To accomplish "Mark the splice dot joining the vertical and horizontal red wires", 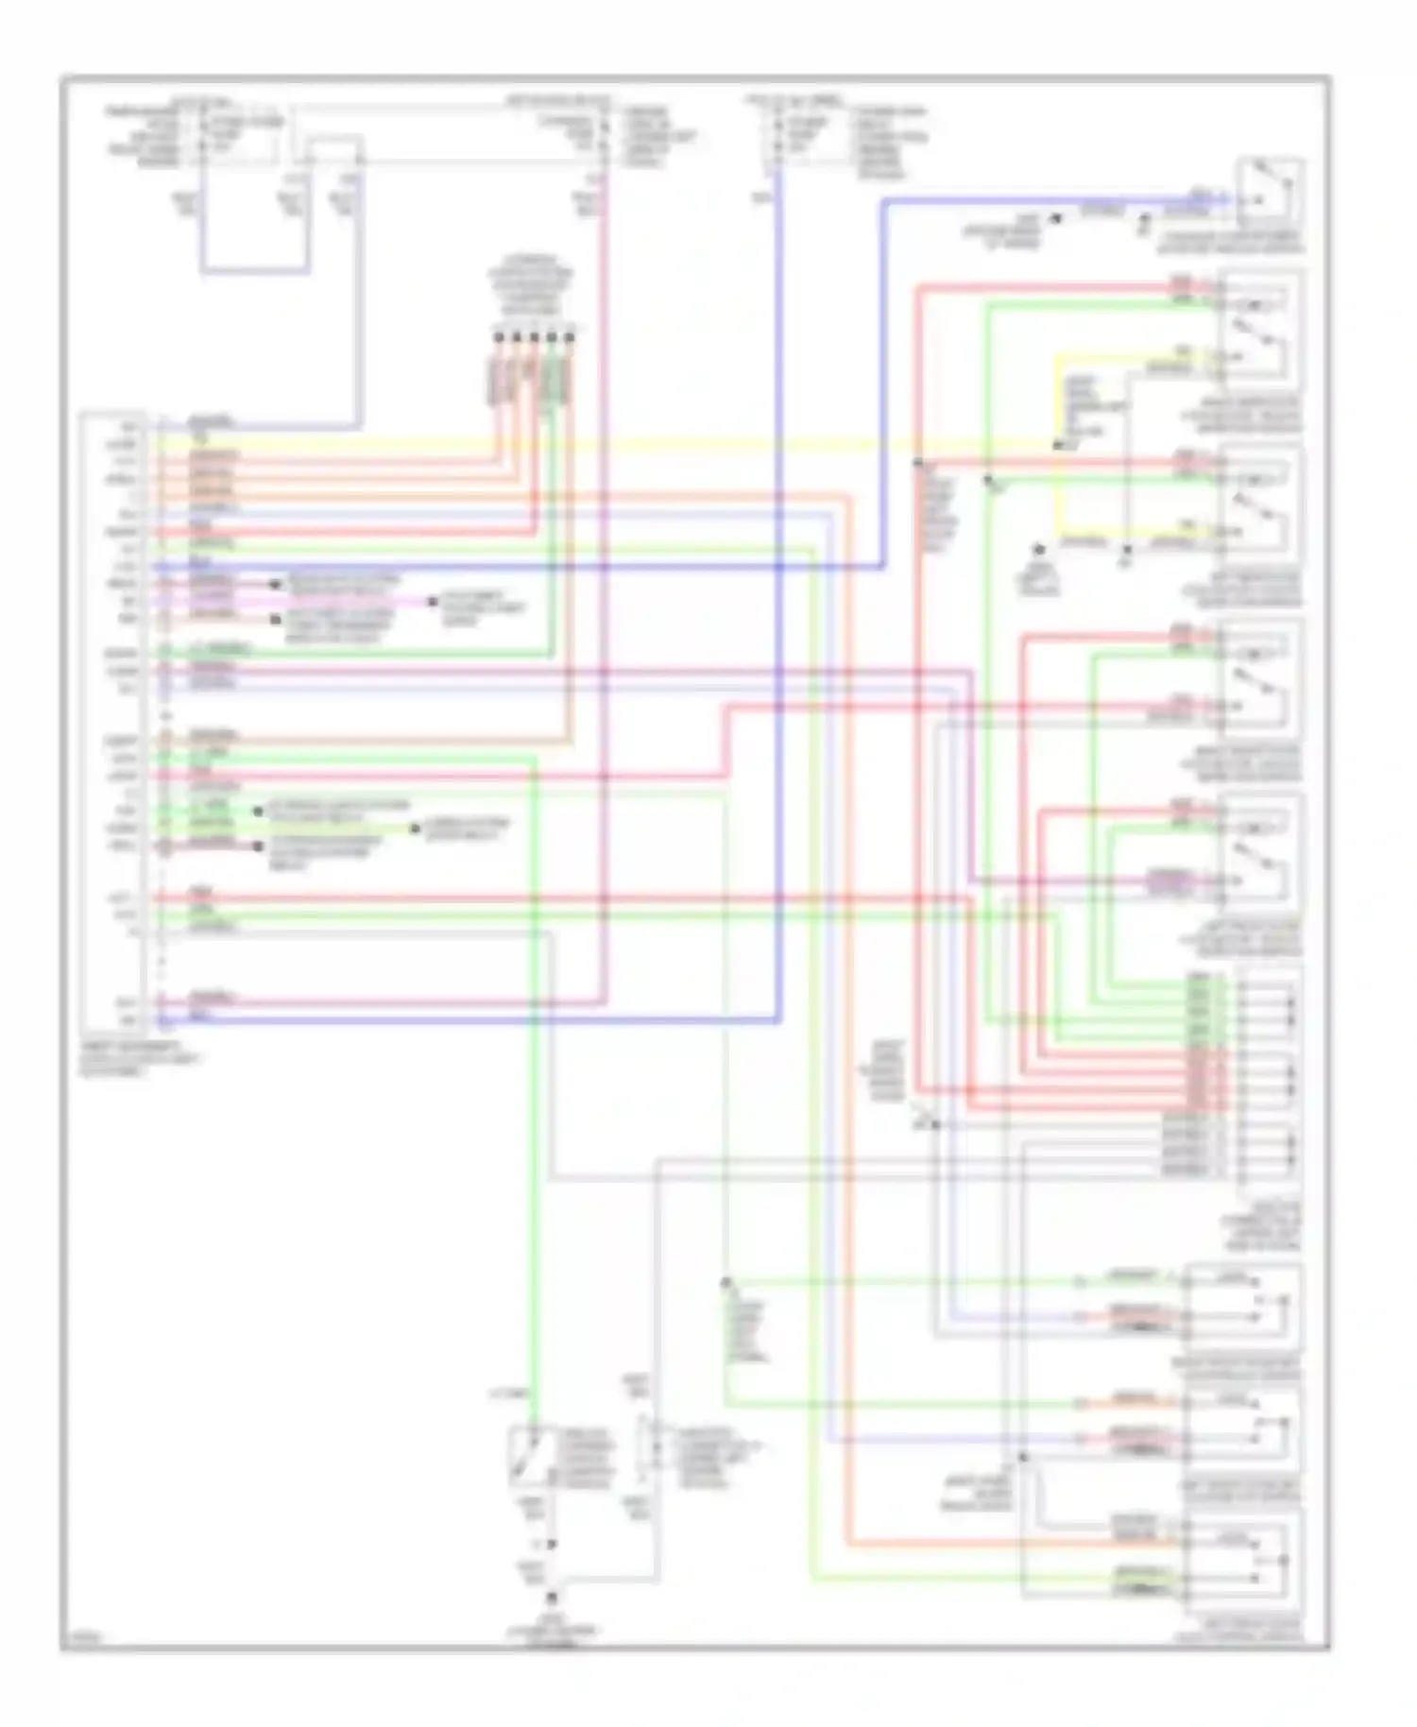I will [917, 462].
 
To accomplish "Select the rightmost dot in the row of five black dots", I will [570, 336].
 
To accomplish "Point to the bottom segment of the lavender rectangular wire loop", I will [253, 273].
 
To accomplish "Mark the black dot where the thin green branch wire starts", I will [726, 1282].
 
